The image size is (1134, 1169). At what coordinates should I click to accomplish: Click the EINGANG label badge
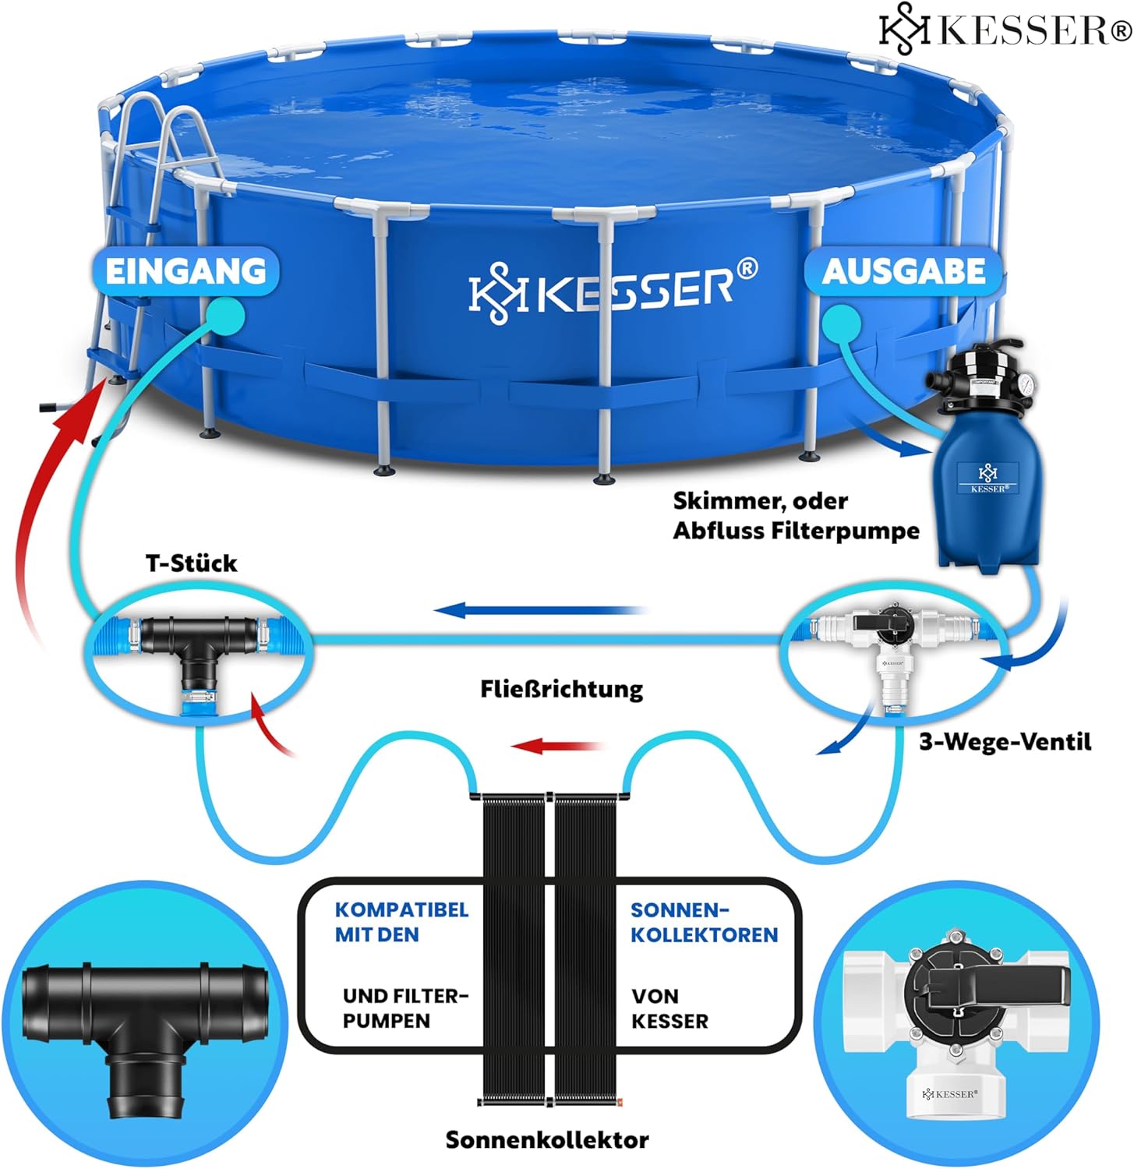coord(185,271)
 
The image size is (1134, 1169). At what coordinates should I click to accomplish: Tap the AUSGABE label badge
coord(903,271)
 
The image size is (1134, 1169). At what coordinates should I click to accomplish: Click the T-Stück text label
coord(191,563)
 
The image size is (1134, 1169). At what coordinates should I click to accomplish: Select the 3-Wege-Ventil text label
coord(1005,741)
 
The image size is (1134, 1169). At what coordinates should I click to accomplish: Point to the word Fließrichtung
coord(561,689)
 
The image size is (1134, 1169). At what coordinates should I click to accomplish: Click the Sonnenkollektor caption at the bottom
coord(547,1139)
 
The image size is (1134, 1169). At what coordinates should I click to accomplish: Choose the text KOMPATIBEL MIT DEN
coord(401,922)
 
